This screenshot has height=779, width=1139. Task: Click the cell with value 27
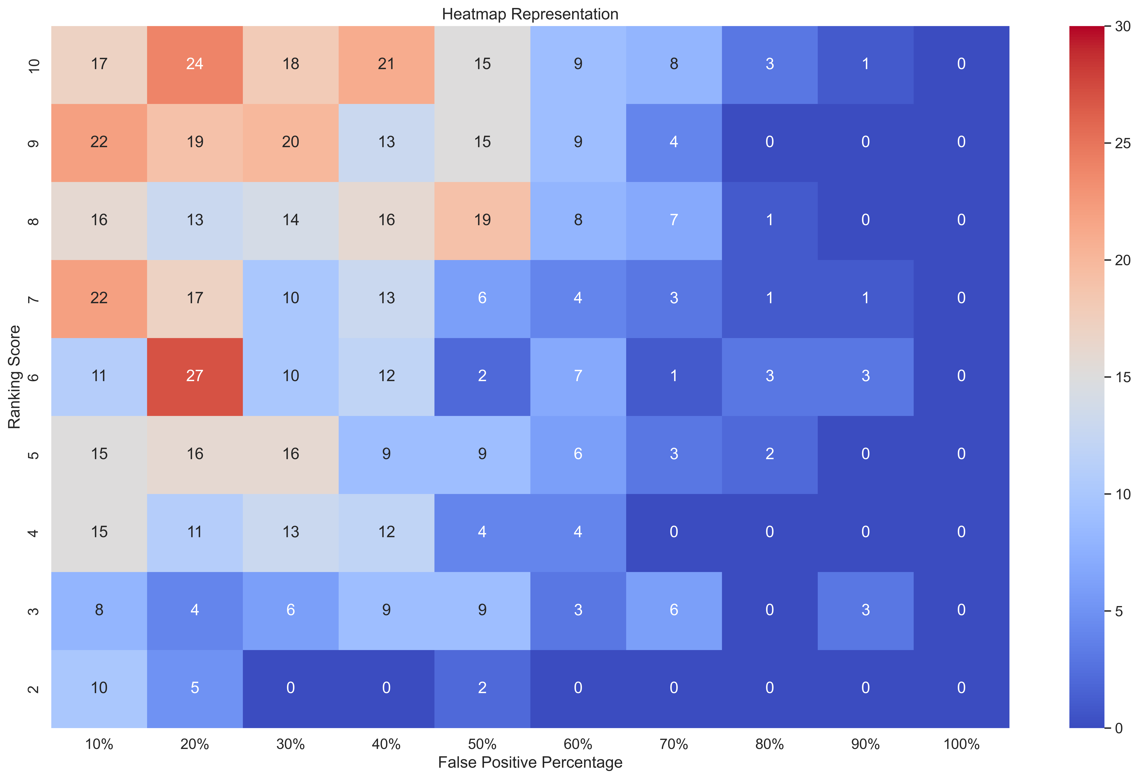195,376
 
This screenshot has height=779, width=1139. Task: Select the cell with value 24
195,64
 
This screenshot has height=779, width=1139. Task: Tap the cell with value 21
386,64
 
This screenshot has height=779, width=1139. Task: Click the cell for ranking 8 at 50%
482,220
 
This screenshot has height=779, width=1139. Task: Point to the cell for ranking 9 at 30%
291,142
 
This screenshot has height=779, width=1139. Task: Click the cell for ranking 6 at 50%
482,376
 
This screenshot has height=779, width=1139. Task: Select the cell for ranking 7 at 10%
99,298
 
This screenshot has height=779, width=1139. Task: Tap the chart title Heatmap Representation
530,14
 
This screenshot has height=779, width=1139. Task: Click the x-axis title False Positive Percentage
530,762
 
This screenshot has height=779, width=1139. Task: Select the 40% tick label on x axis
386,744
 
